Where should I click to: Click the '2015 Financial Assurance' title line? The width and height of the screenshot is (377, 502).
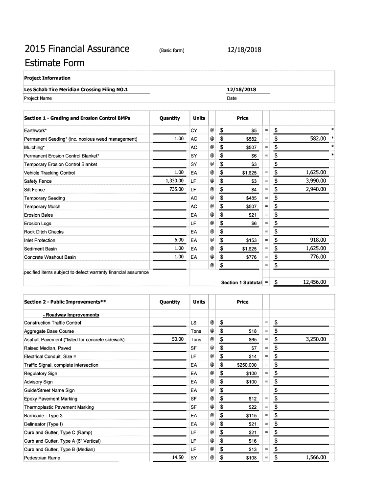pyautogui.click(x=77, y=49)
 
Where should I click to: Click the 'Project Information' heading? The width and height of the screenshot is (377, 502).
pyautogui.click(x=47, y=78)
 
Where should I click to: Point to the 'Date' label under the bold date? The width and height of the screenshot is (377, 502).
pyautogui.click(x=232, y=98)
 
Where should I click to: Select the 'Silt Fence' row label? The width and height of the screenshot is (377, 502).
pyautogui.click(x=34, y=190)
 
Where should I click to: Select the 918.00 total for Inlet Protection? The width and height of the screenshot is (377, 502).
pyautogui.click(x=318, y=240)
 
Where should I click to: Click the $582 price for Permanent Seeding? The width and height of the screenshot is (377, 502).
pyautogui.click(x=251, y=139)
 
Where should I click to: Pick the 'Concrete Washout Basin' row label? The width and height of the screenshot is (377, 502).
pyautogui.click(x=50, y=257)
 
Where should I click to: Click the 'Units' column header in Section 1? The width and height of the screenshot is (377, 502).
pyautogui.click(x=199, y=118)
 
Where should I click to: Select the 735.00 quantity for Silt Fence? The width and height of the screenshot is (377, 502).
pyautogui.click(x=174, y=190)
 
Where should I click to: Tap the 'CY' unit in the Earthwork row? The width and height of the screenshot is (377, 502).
pyautogui.click(x=194, y=131)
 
